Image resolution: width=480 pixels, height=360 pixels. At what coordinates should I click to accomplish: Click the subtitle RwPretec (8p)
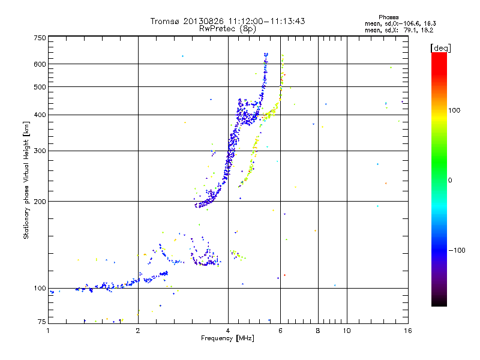(228, 28)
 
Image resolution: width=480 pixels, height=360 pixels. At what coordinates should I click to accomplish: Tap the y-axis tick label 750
(40, 38)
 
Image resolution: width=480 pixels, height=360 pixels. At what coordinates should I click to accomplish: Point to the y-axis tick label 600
(40, 64)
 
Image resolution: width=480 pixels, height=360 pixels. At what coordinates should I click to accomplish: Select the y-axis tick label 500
(40, 87)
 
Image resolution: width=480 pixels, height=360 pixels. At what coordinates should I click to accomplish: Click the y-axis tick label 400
(40, 115)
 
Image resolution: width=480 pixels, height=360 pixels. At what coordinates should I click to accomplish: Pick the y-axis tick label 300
(40, 151)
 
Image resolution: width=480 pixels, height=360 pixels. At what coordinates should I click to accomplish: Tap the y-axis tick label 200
(40, 201)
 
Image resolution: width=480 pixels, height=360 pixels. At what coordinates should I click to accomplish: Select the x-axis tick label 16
(407, 330)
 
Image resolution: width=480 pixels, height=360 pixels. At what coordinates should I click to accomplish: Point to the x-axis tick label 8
(318, 330)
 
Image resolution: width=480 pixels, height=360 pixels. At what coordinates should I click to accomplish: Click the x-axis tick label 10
(347, 330)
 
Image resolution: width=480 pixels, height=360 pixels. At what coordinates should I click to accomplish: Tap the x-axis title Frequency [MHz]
(227, 338)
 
